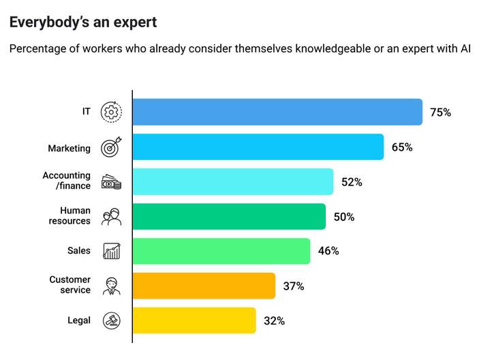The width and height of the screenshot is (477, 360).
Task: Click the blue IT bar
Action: tap(277, 112)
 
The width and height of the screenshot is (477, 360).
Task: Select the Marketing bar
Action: tap(258, 147)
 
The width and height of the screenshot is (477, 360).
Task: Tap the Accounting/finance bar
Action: tap(233, 182)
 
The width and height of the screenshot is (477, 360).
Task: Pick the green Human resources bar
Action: tap(229, 217)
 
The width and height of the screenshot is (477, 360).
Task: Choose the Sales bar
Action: tap(221, 251)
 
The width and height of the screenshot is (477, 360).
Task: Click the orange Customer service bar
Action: tap(204, 286)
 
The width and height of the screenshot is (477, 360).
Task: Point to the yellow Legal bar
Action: tap(194, 320)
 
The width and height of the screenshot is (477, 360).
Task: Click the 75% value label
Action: tap(440, 112)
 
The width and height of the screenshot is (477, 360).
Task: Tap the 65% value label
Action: tap(402, 147)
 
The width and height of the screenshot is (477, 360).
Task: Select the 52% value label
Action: tap(352, 182)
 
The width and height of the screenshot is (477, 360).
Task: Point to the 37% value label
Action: tap(294, 286)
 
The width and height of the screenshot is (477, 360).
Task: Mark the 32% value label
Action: tap(275, 321)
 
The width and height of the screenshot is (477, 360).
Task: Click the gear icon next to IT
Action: tap(111, 112)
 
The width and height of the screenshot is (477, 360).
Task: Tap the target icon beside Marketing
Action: tap(111, 147)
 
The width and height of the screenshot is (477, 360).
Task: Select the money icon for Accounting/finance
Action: tap(111, 182)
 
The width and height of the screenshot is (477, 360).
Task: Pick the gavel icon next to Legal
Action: tap(111, 320)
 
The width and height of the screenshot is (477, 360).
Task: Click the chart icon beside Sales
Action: tap(111, 251)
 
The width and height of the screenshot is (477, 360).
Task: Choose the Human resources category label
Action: tap(70, 216)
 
